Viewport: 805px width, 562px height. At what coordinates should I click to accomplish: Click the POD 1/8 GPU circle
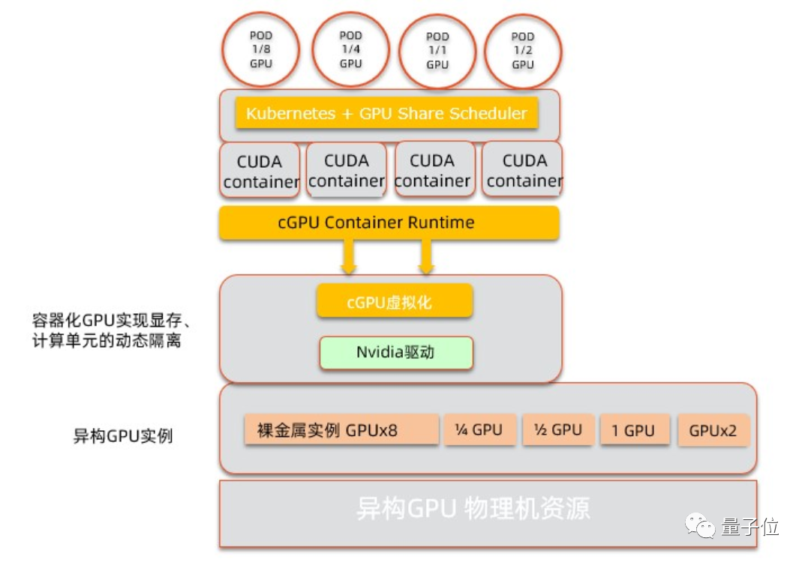(x=261, y=49)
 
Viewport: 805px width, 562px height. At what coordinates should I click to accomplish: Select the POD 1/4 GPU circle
(x=350, y=49)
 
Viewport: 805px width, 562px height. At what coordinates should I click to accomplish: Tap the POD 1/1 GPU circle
(x=437, y=51)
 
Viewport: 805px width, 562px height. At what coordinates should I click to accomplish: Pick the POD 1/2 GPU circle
(x=523, y=51)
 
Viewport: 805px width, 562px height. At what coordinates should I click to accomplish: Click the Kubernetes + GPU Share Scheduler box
(x=386, y=113)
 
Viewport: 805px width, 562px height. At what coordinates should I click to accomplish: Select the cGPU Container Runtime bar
(x=389, y=223)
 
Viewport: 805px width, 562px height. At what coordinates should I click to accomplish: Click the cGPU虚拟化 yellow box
(x=395, y=301)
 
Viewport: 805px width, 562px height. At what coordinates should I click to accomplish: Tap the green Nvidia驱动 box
(x=396, y=352)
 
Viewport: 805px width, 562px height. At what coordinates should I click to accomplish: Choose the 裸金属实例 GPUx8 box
(x=341, y=429)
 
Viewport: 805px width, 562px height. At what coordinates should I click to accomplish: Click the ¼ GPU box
(x=479, y=429)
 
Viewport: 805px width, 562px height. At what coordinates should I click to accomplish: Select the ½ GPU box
(x=558, y=429)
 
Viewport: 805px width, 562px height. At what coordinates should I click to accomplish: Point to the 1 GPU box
(x=635, y=429)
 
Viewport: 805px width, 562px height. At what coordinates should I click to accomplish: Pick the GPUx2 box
(x=713, y=429)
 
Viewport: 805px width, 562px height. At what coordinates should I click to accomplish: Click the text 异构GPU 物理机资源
(x=473, y=509)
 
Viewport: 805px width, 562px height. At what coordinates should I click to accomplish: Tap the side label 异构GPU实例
(x=123, y=436)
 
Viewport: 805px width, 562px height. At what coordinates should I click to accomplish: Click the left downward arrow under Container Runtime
(x=349, y=256)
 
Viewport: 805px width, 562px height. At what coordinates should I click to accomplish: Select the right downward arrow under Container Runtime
(x=426, y=256)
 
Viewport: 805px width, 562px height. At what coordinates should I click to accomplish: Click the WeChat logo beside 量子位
(x=700, y=526)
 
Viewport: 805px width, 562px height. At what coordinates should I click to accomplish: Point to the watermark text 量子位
(x=749, y=527)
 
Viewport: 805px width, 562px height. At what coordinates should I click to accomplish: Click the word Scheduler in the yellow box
(x=488, y=113)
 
